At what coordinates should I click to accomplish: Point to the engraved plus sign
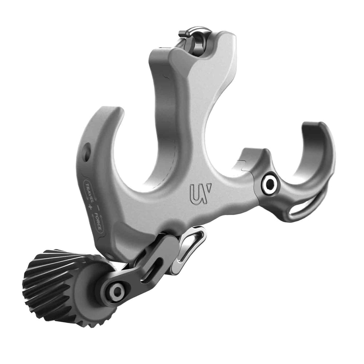[x=89, y=208]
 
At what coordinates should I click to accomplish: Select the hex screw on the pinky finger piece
[x=270, y=184]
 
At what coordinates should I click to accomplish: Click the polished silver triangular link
[x=189, y=246]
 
